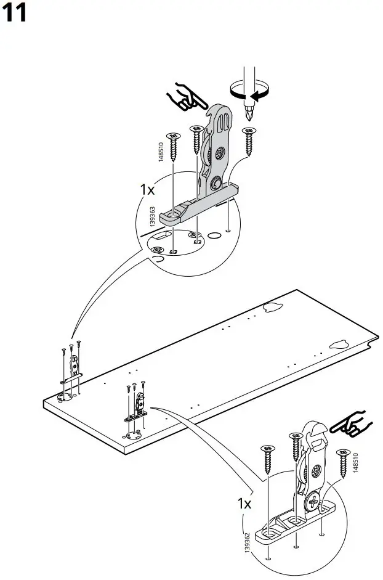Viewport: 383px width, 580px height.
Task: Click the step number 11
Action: click(x=16, y=12)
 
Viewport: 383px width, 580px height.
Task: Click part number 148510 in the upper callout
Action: click(x=161, y=152)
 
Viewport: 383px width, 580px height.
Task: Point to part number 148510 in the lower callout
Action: click(x=356, y=462)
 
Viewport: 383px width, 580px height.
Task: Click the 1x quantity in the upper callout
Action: click(x=147, y=189)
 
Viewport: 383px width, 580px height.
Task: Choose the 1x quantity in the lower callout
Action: click(x=244, y=503)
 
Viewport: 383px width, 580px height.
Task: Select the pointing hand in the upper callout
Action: click(x=188, y=97)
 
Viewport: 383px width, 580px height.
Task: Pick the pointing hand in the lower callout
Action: click(x=349, y=425)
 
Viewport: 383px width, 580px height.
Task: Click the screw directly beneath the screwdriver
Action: click(x=249, y=141)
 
